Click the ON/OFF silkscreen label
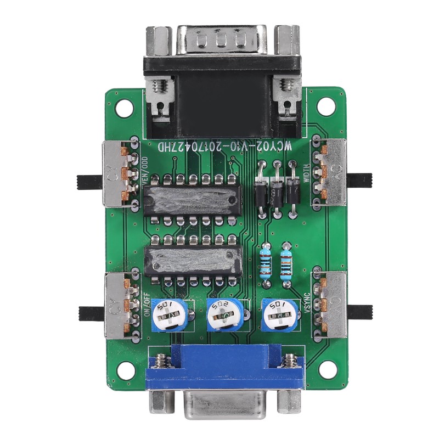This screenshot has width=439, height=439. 147,305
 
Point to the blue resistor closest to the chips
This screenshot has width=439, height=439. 266,261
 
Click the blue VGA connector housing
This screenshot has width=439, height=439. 225,368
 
